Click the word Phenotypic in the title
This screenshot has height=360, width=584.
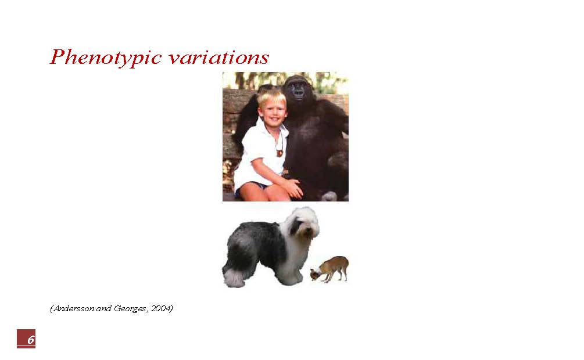click(106, 58)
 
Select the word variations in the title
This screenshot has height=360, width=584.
click(218, 58)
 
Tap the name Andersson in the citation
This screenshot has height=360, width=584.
click(73, 309)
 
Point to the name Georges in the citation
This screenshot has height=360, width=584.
click(130, 309)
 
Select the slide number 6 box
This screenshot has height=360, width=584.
click(26, 339)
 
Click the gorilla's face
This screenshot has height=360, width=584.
click(298, 89)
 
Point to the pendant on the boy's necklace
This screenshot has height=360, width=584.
click(280, 153)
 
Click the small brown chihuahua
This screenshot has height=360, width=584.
click(329, 269)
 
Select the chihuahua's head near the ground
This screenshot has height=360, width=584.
click(316, 275)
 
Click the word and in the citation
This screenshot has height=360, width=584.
click(104, 309)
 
